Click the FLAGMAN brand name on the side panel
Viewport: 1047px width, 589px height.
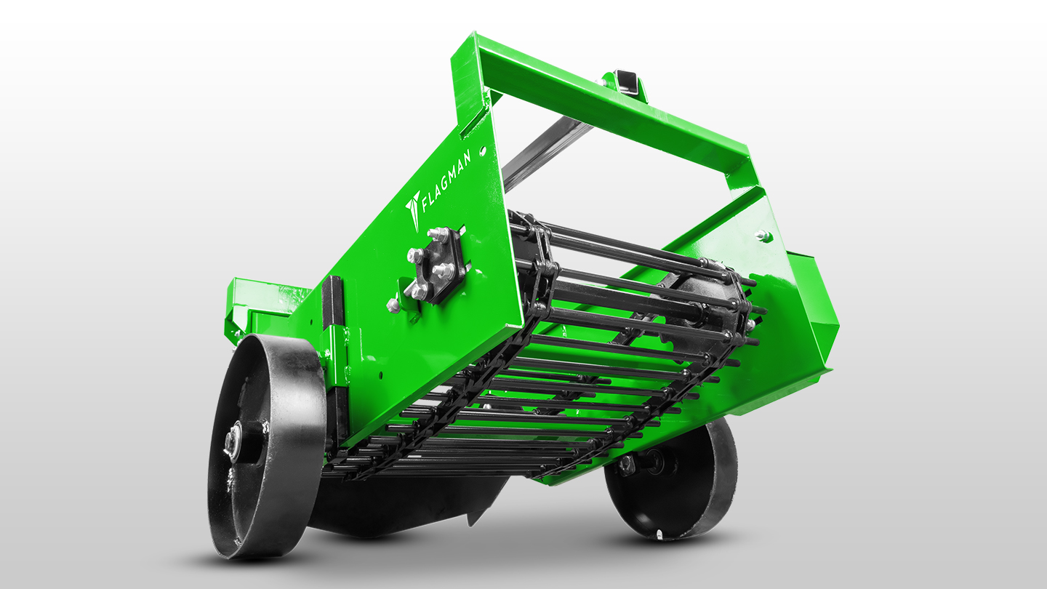446,181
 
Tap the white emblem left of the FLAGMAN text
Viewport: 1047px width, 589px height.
413,209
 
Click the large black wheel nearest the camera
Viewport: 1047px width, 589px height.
266,446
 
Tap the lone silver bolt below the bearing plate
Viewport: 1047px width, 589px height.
393,305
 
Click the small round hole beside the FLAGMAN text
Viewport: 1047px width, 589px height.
483,151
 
